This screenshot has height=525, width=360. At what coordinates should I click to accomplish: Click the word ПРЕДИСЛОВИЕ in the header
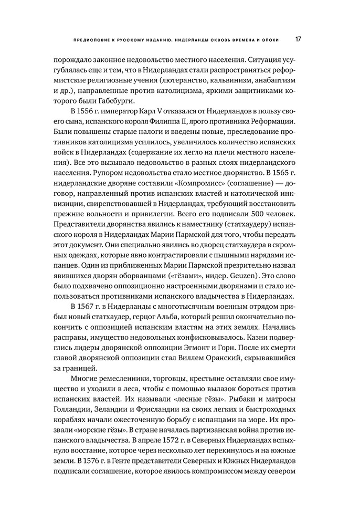(92, 40)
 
